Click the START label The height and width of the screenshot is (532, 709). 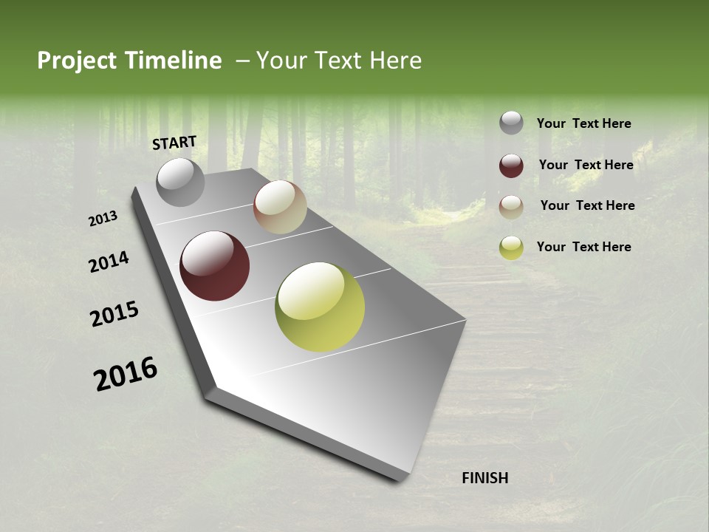click(174, 143)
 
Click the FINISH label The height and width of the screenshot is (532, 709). click(484, 478)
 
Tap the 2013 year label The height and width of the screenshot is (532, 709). click(103, 219)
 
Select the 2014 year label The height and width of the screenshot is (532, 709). click(109, 262)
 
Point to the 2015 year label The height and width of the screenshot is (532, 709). click(114, 314)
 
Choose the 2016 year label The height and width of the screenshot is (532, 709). click(126, 374)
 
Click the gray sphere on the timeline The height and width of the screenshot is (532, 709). click(180, 182)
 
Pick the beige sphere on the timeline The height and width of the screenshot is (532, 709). click(280, 207)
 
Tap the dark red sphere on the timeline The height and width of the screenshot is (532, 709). click(214, 266)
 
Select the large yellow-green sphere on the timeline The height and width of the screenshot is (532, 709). click(320, 307)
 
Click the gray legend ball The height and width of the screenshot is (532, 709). click(511, 123)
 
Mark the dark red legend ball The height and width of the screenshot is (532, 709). click(511, 166)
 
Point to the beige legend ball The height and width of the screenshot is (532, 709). click(511, 207)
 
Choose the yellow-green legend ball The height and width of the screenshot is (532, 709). click(511, 248)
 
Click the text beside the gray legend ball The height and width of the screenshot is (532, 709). click(583, 123)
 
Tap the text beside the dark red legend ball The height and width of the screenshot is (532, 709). click(586, 165)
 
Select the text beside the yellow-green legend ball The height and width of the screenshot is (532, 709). click(583, 247)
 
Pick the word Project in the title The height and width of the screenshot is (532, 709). click(77, 61)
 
